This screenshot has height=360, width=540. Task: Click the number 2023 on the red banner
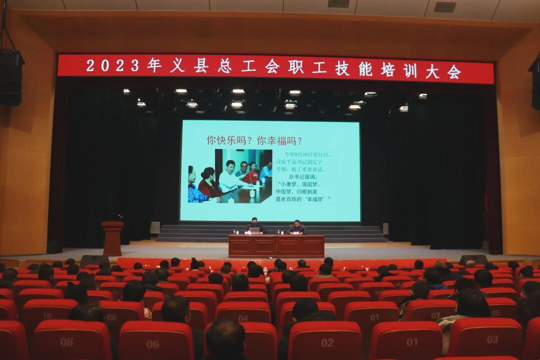[x=112, y=65]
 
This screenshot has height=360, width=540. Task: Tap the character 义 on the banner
[x=177, y=66]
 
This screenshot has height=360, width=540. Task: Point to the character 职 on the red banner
[x=295, y=67]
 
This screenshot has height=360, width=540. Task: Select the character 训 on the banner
[x=410, y=70]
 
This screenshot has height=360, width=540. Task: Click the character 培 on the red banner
[x=387, y=69]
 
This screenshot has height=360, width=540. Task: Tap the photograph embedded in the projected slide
[x=230, y=175]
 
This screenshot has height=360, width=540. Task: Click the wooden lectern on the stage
[x=112, y=238]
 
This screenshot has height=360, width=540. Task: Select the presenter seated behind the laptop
[x=255, y=225]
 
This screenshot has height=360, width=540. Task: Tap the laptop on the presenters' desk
[x=254, y=231]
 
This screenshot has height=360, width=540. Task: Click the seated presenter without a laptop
[x=296, y=227]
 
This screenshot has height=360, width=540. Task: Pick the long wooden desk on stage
[x=276, y=245]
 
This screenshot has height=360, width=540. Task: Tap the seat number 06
[x=152, y=344]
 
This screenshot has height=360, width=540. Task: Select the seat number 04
[x=243, y=318]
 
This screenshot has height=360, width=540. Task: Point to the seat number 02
[x=327, y=343]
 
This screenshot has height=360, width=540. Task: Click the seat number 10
[x=47, y=316]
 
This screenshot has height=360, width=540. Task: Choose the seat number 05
[x=495, y=313]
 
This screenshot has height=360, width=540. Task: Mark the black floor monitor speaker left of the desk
[x=94, y=260]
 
